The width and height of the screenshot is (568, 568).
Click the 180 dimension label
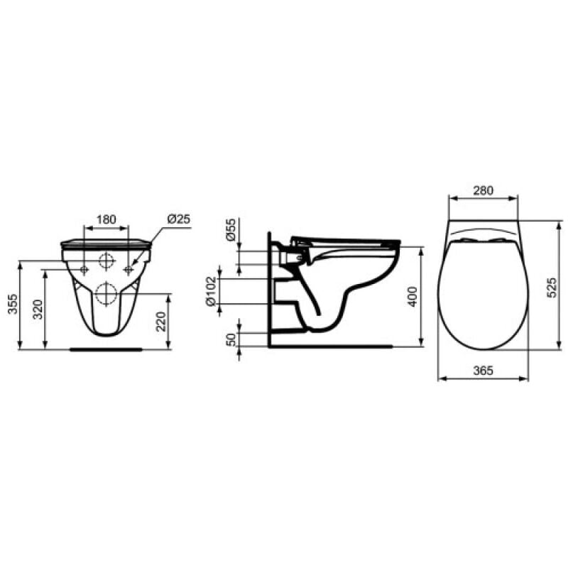(x=106, y=219)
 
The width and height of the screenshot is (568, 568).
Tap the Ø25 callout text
(x=179, y=219)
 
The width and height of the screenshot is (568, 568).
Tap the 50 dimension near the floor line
(x=231, y=339)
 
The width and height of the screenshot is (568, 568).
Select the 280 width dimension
(x=483, y=190)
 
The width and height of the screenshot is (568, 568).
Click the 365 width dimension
(x=483, y=371)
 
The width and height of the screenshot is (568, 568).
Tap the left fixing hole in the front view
(x=84, y=270)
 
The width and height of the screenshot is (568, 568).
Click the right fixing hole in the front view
(x=129, y=270)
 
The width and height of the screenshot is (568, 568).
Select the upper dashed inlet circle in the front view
(x=106, y=261)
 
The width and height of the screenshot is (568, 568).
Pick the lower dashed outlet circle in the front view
(x=106, y=293)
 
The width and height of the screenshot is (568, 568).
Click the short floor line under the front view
(x=106, y=349)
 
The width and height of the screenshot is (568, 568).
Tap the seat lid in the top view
(x=483, y=291)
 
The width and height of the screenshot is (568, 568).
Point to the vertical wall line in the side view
(x=269, y=298)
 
